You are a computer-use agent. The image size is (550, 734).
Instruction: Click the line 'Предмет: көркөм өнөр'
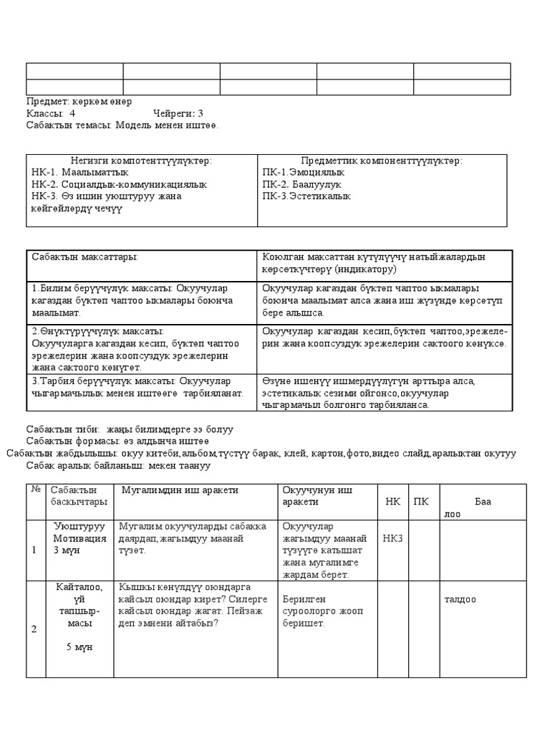(x=79, y=101)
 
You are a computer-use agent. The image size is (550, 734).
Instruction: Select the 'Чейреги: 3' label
(x=178, y=113)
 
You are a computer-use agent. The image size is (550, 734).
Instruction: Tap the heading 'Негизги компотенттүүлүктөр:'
(x=142, y=161)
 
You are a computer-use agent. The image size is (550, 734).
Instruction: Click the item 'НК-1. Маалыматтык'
(x=80, y=173)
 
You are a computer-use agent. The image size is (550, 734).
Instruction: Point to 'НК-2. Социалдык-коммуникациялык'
(x=119, y=184)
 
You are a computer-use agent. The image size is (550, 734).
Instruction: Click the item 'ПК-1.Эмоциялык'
(x=304, y=173)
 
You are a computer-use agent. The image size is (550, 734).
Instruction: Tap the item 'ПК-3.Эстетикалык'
(x=307, y=196)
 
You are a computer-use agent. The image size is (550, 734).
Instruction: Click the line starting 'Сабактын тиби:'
(x=130, y=429)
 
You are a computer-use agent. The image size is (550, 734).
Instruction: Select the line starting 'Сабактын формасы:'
(x=117, y=442)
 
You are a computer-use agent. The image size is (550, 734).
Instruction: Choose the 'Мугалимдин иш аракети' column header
(x=180, y=490)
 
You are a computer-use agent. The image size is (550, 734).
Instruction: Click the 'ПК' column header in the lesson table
(x=422, y=502)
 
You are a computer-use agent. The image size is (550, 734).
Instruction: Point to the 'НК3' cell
(x=392, y=538)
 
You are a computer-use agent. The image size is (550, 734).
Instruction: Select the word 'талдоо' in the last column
(x=460, y=599)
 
